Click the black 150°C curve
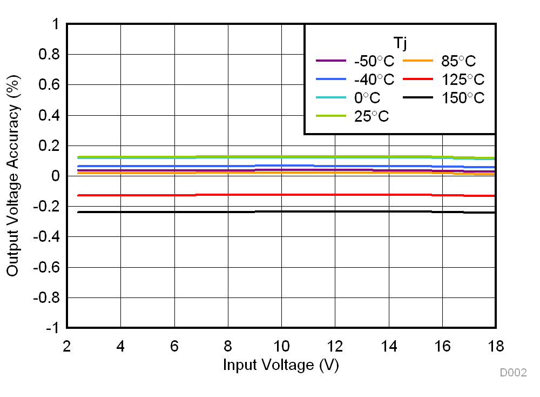coord(281,211)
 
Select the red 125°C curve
coord(281,194)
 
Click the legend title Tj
coord(400,42)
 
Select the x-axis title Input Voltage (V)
coord(281,365)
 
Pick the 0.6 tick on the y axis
coord(47,85)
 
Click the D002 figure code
coord(513,373)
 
